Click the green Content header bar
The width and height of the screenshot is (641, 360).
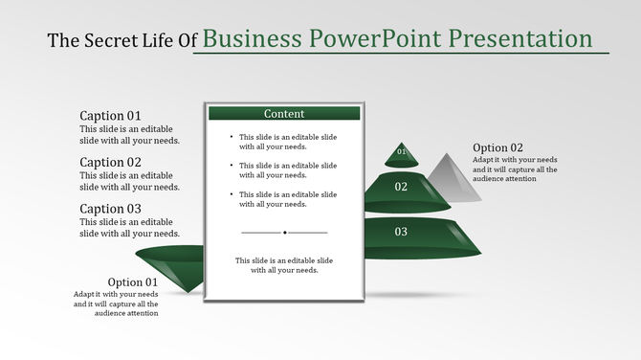284,113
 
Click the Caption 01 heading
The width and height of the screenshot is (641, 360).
110,116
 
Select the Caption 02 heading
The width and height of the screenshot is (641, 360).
110,162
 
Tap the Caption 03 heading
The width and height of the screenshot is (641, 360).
110,208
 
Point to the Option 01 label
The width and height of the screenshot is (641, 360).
133,281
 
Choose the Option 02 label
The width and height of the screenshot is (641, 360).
497,147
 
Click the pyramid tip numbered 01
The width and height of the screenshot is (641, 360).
402,152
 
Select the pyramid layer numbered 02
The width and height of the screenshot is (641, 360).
402,188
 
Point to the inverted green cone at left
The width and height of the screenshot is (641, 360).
172,264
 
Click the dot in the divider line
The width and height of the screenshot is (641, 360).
284,232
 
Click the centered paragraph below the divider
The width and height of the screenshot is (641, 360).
284,265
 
